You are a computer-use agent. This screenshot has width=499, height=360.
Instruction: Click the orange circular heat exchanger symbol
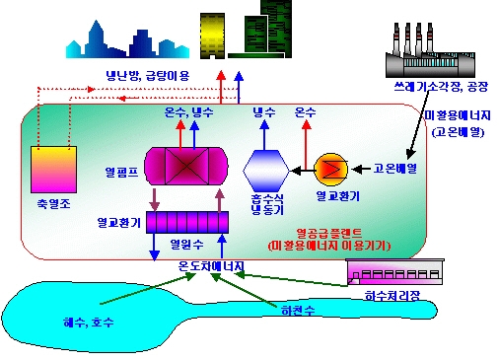point(327,170)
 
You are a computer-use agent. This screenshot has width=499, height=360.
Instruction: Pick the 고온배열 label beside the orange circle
point(394,169)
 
